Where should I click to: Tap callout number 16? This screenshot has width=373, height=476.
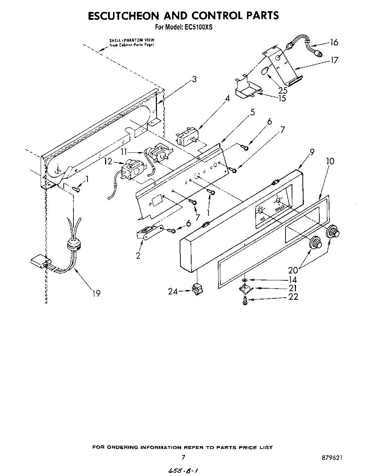334,43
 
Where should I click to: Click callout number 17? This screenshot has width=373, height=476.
334,60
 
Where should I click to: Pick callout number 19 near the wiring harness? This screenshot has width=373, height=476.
96,294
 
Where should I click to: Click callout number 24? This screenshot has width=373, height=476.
173,292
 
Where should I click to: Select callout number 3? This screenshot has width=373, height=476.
194,79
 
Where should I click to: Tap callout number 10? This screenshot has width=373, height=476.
330,161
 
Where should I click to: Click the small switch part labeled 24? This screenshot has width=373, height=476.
197,290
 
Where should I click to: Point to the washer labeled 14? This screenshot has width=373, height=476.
244,280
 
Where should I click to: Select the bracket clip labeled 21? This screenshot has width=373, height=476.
246,288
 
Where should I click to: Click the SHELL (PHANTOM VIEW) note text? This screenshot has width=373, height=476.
132,43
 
